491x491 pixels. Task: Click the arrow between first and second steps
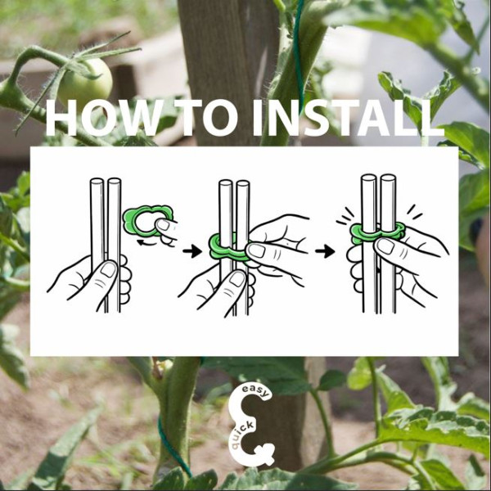point(192,251)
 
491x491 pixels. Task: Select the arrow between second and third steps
point(325,251)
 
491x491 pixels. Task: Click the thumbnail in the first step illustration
point(108,270)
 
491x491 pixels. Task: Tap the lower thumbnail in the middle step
point(237,279)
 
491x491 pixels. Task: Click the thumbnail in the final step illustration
point(385,246)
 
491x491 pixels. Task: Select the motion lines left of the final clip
point(345,216)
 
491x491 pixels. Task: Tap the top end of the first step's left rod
point(96,181)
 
